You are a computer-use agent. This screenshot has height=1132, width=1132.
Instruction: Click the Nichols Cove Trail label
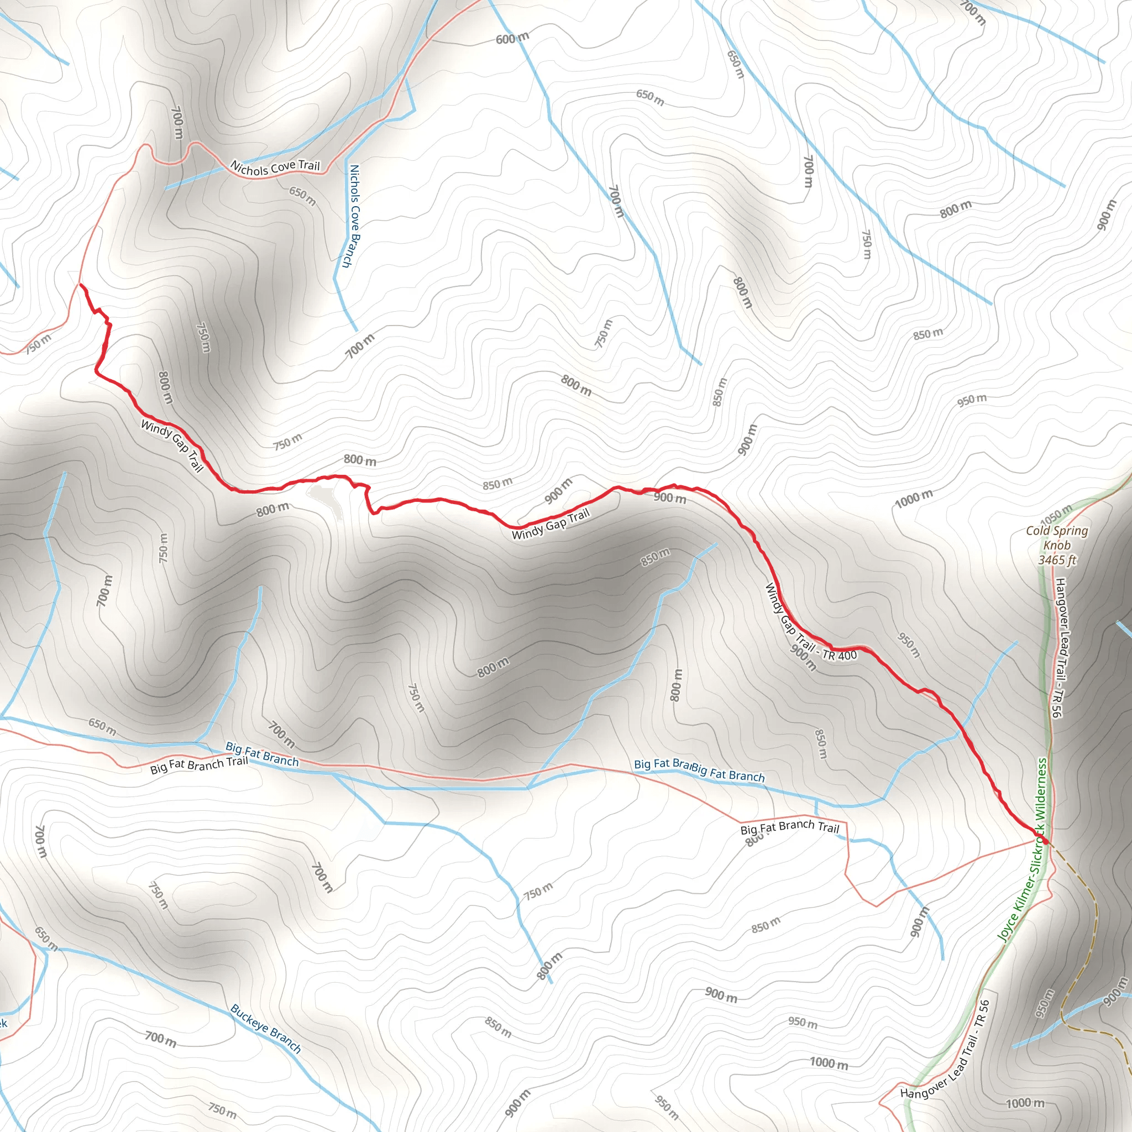pyautogui.click(x=275, y=167)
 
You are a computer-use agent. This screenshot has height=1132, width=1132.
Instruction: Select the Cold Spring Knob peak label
pyautogui.click(x=1056, y=538)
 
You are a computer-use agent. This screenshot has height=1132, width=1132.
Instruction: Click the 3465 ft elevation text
pyautogui.click(x=1057, y=560)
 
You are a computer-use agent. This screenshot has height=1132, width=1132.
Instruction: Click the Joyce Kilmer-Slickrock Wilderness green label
pyautogui.click(x=1023, y=850)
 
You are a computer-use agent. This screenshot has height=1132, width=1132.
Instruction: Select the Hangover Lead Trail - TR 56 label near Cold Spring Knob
pyautogui.click(x=1058, y=647)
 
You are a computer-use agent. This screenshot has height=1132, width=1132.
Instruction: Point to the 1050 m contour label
pyautogui.click(x=1056, y=515)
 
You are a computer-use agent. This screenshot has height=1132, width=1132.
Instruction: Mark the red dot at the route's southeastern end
pyautogui.click(x=1045, y=841)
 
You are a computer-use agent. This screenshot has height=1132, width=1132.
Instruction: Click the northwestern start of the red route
pyautogui.click(x=81, y=285)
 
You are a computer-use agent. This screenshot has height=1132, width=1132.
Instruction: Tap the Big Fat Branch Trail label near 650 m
pyautogui.click(x=198, y=765)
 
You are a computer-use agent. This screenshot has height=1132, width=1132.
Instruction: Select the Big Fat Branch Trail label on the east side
pyautogui.click(x=790, y=827)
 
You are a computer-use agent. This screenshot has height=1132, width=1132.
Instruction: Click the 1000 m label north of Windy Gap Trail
pyautogui.click(x=914, y=499)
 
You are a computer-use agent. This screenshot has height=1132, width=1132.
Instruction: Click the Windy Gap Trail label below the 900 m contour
pyautogui.click(x=551, y=525)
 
